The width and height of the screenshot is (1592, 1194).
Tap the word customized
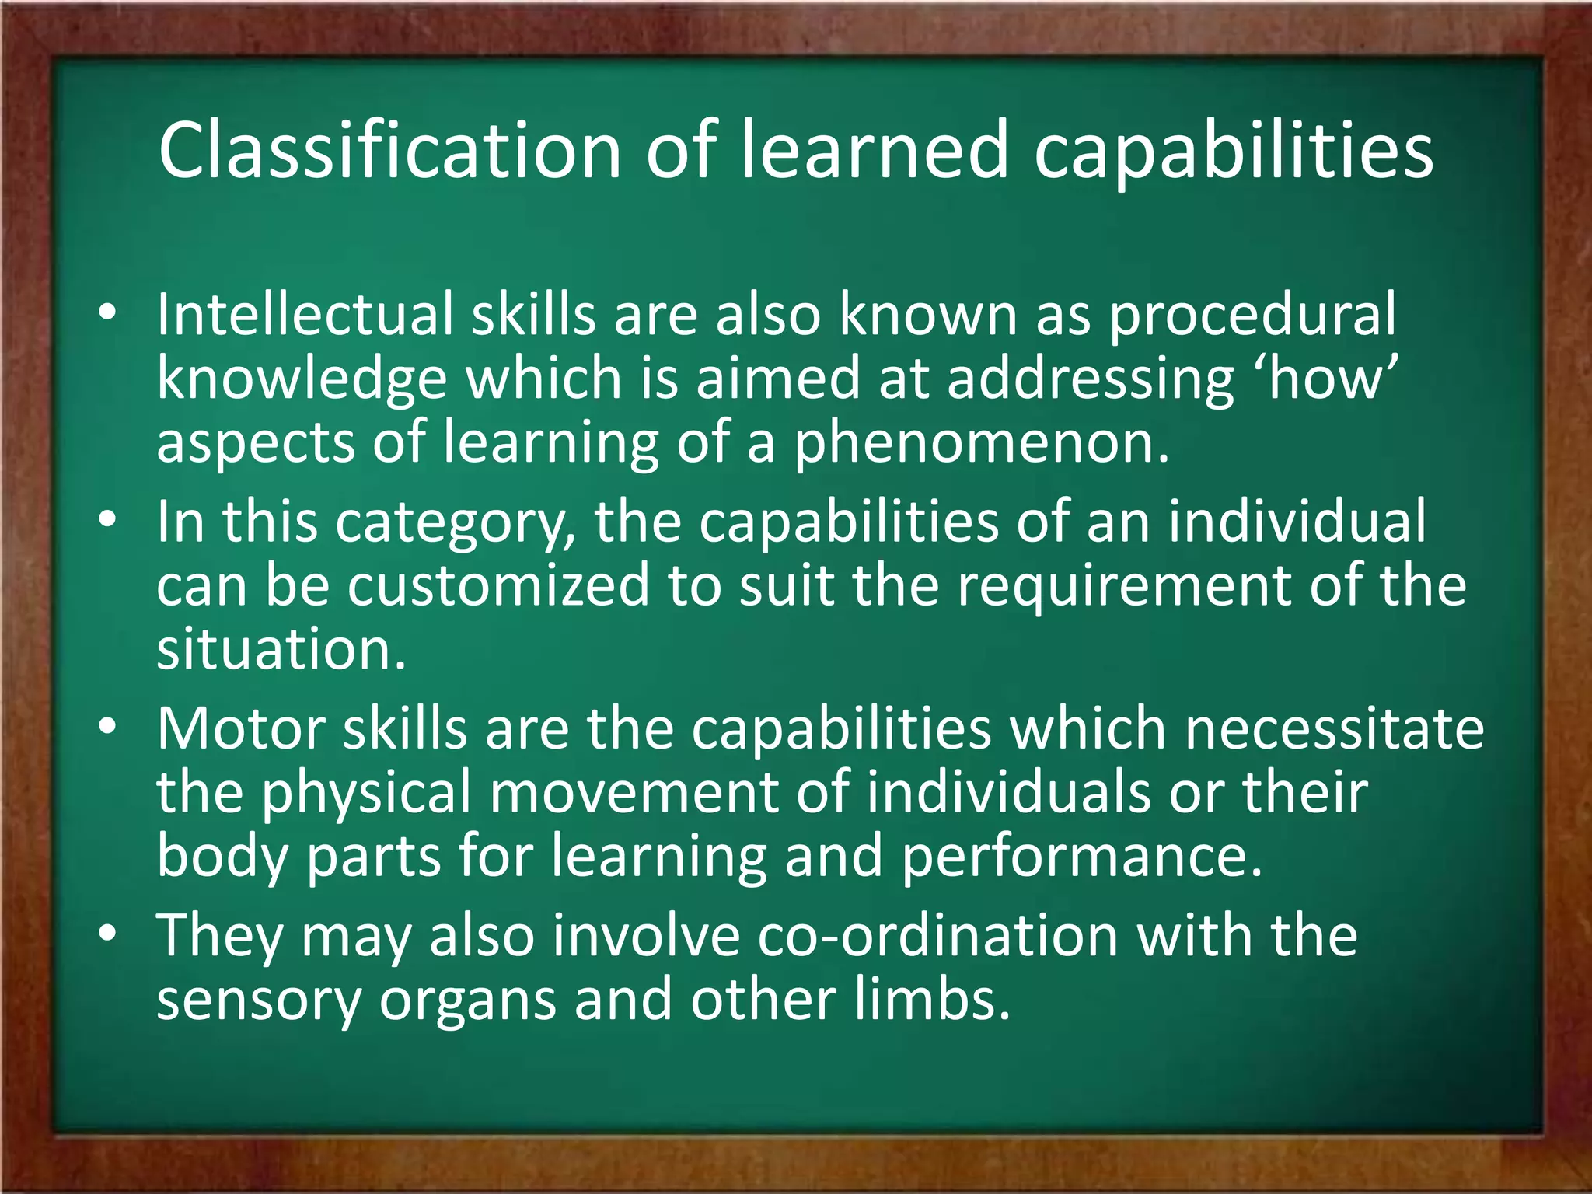pos(497,585)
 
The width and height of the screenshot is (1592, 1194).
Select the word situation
pos(281,650)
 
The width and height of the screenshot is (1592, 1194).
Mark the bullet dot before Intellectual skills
pos(108,313)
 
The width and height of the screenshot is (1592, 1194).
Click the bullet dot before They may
pos(108,932)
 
